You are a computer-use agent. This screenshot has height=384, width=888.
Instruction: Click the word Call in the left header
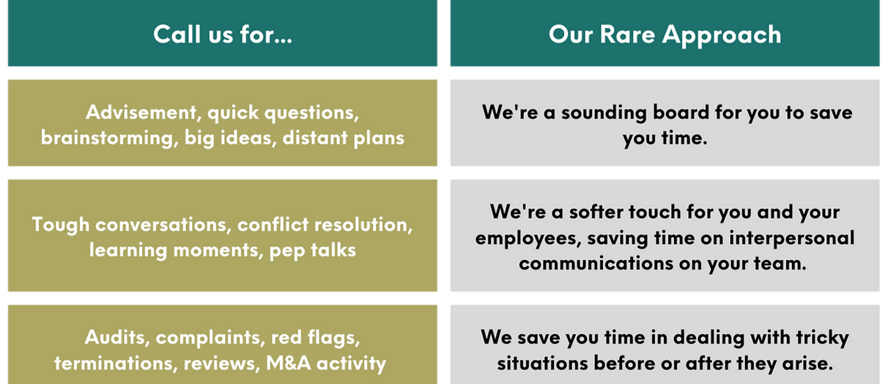177,34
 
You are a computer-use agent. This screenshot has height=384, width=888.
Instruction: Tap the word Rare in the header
627,34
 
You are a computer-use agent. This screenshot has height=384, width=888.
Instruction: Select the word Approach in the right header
722,37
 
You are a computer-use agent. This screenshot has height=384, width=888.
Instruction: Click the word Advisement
141,112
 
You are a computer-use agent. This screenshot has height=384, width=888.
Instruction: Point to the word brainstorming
107,139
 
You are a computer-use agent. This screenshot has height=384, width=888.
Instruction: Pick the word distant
314,138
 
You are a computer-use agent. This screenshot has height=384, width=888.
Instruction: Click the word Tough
61,225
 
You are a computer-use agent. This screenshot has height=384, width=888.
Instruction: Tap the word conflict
273,224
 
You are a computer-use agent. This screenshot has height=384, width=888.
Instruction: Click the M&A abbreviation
288,363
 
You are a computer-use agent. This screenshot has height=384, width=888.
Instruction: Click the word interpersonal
792,239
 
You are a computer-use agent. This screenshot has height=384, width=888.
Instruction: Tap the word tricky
823,339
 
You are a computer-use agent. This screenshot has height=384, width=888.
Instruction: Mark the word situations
542,363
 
